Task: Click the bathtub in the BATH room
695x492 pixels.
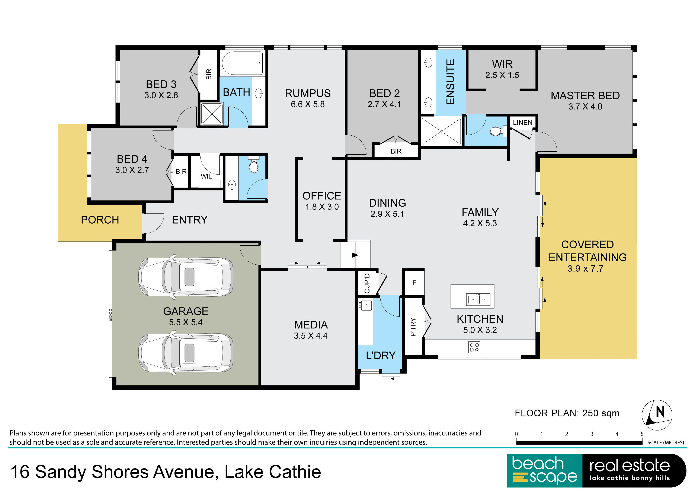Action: pos(242,63)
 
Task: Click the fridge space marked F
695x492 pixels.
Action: pos(414,283)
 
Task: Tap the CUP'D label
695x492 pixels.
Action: pos(367,283)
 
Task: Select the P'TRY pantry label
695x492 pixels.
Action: pos(413,327)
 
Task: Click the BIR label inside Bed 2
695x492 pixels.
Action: pos(396,151)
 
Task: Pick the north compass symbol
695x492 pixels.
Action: pos(657,415)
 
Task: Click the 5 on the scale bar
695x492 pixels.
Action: pos(642,434)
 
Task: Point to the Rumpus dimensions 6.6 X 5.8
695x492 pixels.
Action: pos(308,104)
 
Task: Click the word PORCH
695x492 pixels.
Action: pos(100,220)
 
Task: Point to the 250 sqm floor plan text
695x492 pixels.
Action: pos(601,413)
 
